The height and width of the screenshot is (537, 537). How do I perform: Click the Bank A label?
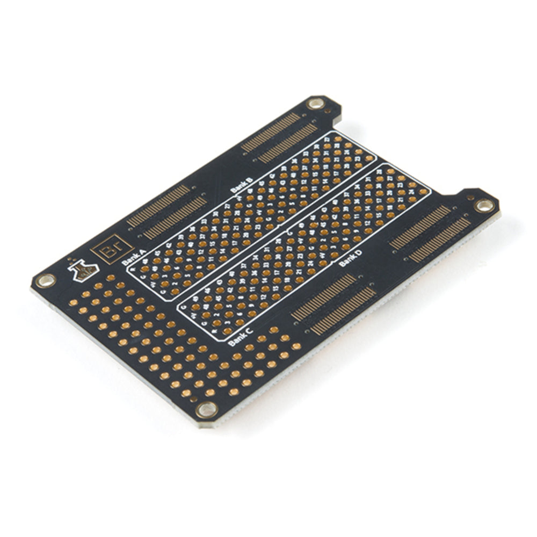[134, 257]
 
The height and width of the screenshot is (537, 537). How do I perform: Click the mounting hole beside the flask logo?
[45, 280]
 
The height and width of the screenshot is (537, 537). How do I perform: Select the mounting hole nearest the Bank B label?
[316, 103]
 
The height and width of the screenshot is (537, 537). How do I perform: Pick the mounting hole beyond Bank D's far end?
[484, 205]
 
